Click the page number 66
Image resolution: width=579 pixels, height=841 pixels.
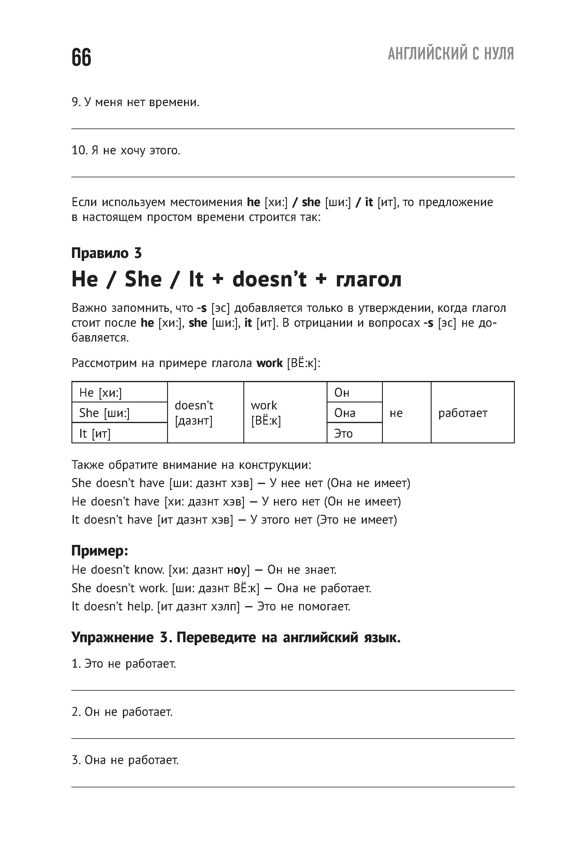82,57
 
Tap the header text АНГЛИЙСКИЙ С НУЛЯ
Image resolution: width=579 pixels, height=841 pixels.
451,54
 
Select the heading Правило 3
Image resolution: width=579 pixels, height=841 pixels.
106,253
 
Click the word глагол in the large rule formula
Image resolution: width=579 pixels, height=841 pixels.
369,279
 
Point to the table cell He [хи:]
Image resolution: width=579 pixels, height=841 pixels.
119,392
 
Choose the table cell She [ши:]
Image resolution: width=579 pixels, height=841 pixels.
119,413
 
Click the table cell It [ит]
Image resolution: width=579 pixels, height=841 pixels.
119,433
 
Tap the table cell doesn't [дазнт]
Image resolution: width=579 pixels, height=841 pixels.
205,413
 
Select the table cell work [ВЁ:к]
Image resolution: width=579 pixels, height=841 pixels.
285,413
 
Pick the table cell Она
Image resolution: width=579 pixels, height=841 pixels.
354,413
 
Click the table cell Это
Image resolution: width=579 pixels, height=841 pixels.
354,433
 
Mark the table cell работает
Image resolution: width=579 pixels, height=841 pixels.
472,413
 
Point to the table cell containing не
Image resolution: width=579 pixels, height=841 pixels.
406,413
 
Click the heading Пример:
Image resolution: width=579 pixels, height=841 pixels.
100,551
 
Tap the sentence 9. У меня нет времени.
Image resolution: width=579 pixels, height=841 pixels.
136,102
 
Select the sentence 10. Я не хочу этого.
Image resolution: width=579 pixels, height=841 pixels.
126,150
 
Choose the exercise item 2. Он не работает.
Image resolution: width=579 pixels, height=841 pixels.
122,712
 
